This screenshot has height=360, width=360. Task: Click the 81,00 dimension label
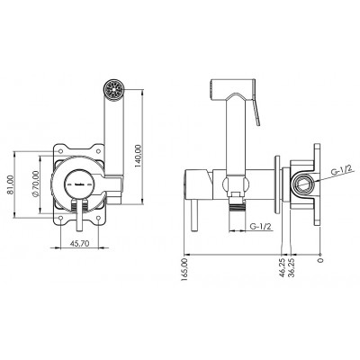pyautogui.click(x=10, y=185)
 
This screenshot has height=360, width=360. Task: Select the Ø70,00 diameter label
pyautogui.click(x=35, y=184)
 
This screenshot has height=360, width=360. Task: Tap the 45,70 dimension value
pyautogui.click(x=80, y=244)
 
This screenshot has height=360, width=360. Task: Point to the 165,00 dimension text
pyautogui.click(x=184, y=270)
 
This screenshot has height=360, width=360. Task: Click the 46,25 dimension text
pyautogui.click(x=282, y=267)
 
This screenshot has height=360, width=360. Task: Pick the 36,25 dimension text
pyautogui.click(x=292, y=267)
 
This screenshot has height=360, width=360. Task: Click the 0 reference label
pyautogui.click(x=320, y=260)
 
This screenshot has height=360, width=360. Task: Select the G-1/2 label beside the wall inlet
pyautogui.click(x=341, y=172)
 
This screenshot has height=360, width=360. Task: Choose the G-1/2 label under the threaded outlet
pyautogui.click(x=261, y=227)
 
